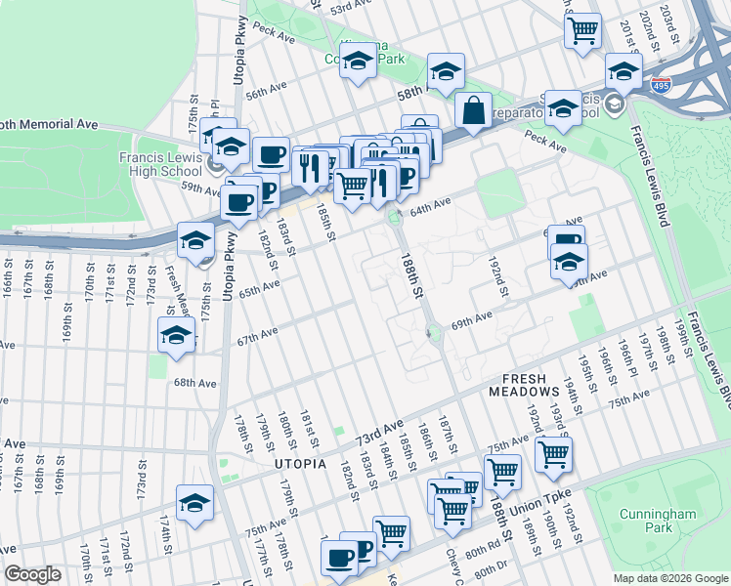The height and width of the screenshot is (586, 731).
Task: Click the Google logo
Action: [x=32, y=574]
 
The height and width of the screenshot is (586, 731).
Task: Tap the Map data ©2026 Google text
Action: [x=670, y=578]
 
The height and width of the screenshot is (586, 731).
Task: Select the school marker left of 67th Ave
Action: [x=176, y=335]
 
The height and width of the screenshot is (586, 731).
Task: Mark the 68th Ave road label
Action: [x=194, y=384]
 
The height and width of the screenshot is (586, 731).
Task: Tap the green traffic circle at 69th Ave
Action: [x=434, y=335]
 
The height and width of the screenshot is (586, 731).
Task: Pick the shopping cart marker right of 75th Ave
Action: [x=554, y=452]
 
